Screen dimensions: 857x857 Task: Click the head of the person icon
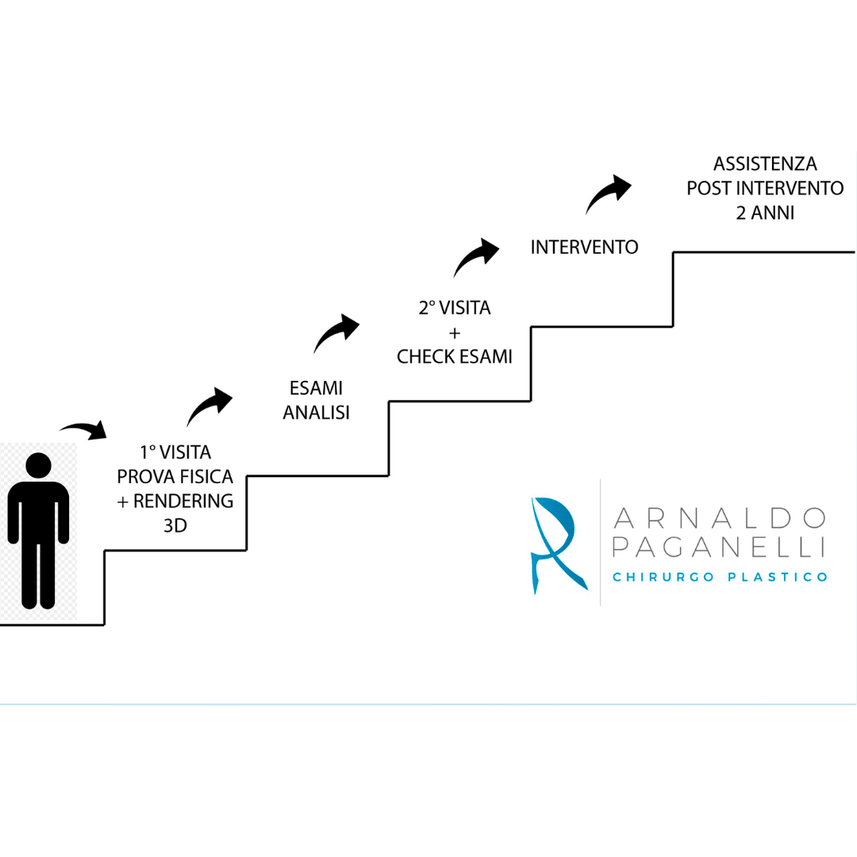coord(38,466)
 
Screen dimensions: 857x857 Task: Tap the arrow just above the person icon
coord(83,429)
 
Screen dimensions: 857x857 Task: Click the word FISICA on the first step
coord(206,477)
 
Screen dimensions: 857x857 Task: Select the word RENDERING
coord(183,501)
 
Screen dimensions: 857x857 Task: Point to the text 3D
coord(175,525)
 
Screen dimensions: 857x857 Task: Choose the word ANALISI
coord(316,412)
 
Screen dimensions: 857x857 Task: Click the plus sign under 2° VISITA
coord(454,332)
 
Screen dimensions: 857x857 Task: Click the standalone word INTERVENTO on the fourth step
coord(584,247)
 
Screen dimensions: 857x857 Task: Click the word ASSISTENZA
coord(765,163)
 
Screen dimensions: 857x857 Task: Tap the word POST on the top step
coord(709,188)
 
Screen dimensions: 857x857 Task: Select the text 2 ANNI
coord(765,212)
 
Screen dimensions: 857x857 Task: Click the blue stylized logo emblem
coord(558,544)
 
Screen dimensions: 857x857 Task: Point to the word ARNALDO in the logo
coord(720,518)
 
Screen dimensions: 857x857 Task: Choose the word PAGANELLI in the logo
coord(718,547)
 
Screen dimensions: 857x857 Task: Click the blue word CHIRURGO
coord(663,577)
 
